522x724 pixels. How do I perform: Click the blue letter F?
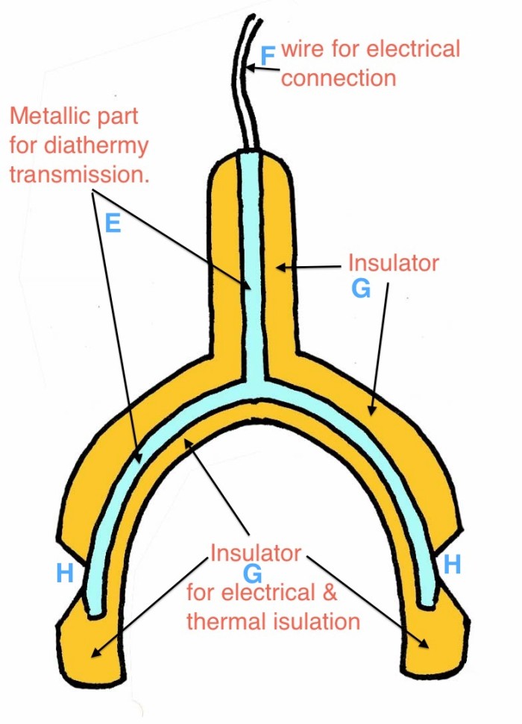point(268,56)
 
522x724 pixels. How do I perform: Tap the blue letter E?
point(113,223)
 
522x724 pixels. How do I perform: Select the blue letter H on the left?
point(65,573)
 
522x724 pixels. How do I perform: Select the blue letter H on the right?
point(452,564)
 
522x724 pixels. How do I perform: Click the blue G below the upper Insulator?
point(361,289)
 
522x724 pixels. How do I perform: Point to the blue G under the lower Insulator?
point(253,574)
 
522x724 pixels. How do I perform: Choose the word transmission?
point(80,174)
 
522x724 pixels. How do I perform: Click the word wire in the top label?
point(303,49)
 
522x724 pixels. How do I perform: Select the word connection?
point(339,78)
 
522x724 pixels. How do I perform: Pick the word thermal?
point(227,621)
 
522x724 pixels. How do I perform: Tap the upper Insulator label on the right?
point(393,262)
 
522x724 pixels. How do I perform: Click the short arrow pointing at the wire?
point(262,69)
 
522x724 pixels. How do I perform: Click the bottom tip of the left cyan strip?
point(95,614)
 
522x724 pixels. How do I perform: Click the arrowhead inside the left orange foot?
point(95,653)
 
